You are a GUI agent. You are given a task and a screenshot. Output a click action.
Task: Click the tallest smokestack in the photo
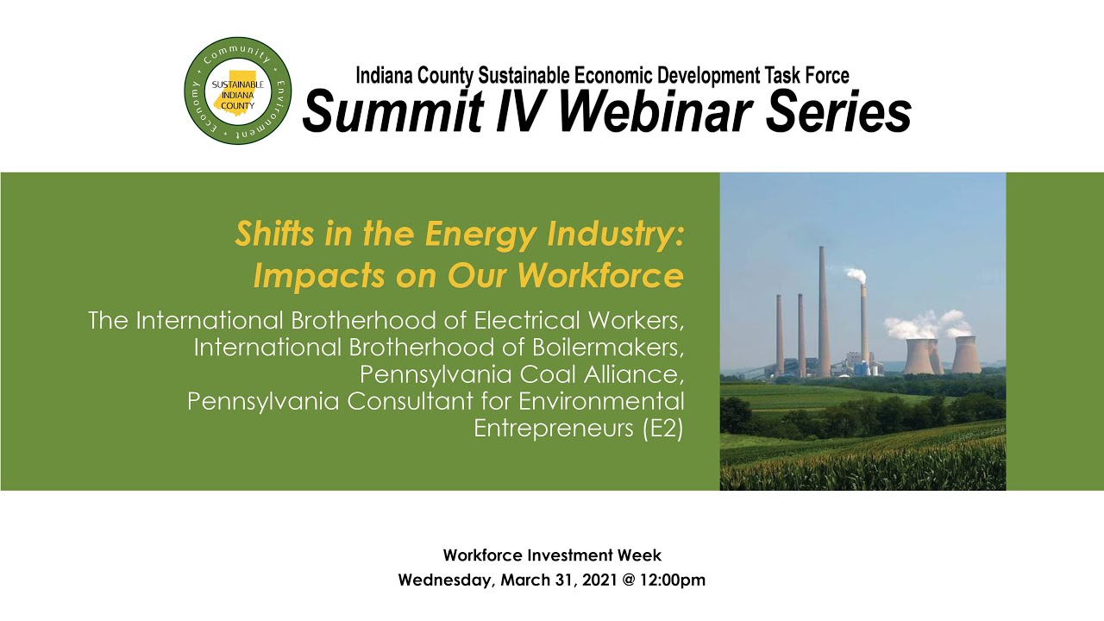click(x=823, y=310)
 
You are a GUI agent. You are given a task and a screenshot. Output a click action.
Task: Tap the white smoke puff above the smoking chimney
click(x=855, y=275)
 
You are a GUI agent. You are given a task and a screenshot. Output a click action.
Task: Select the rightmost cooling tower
click(x=965, y=354)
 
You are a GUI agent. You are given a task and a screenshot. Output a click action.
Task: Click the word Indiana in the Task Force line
click(x=387, y=76)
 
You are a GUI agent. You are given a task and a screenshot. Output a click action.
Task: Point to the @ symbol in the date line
click(x=628, y=580)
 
